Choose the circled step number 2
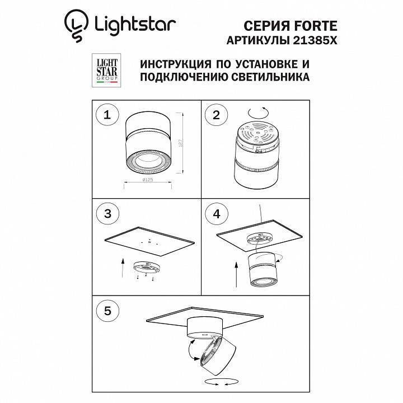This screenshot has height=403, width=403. pos(215,115)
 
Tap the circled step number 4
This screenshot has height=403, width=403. pos(215,213)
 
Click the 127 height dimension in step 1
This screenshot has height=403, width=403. pos(182,143)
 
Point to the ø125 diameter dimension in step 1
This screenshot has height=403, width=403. pos(148,180)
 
